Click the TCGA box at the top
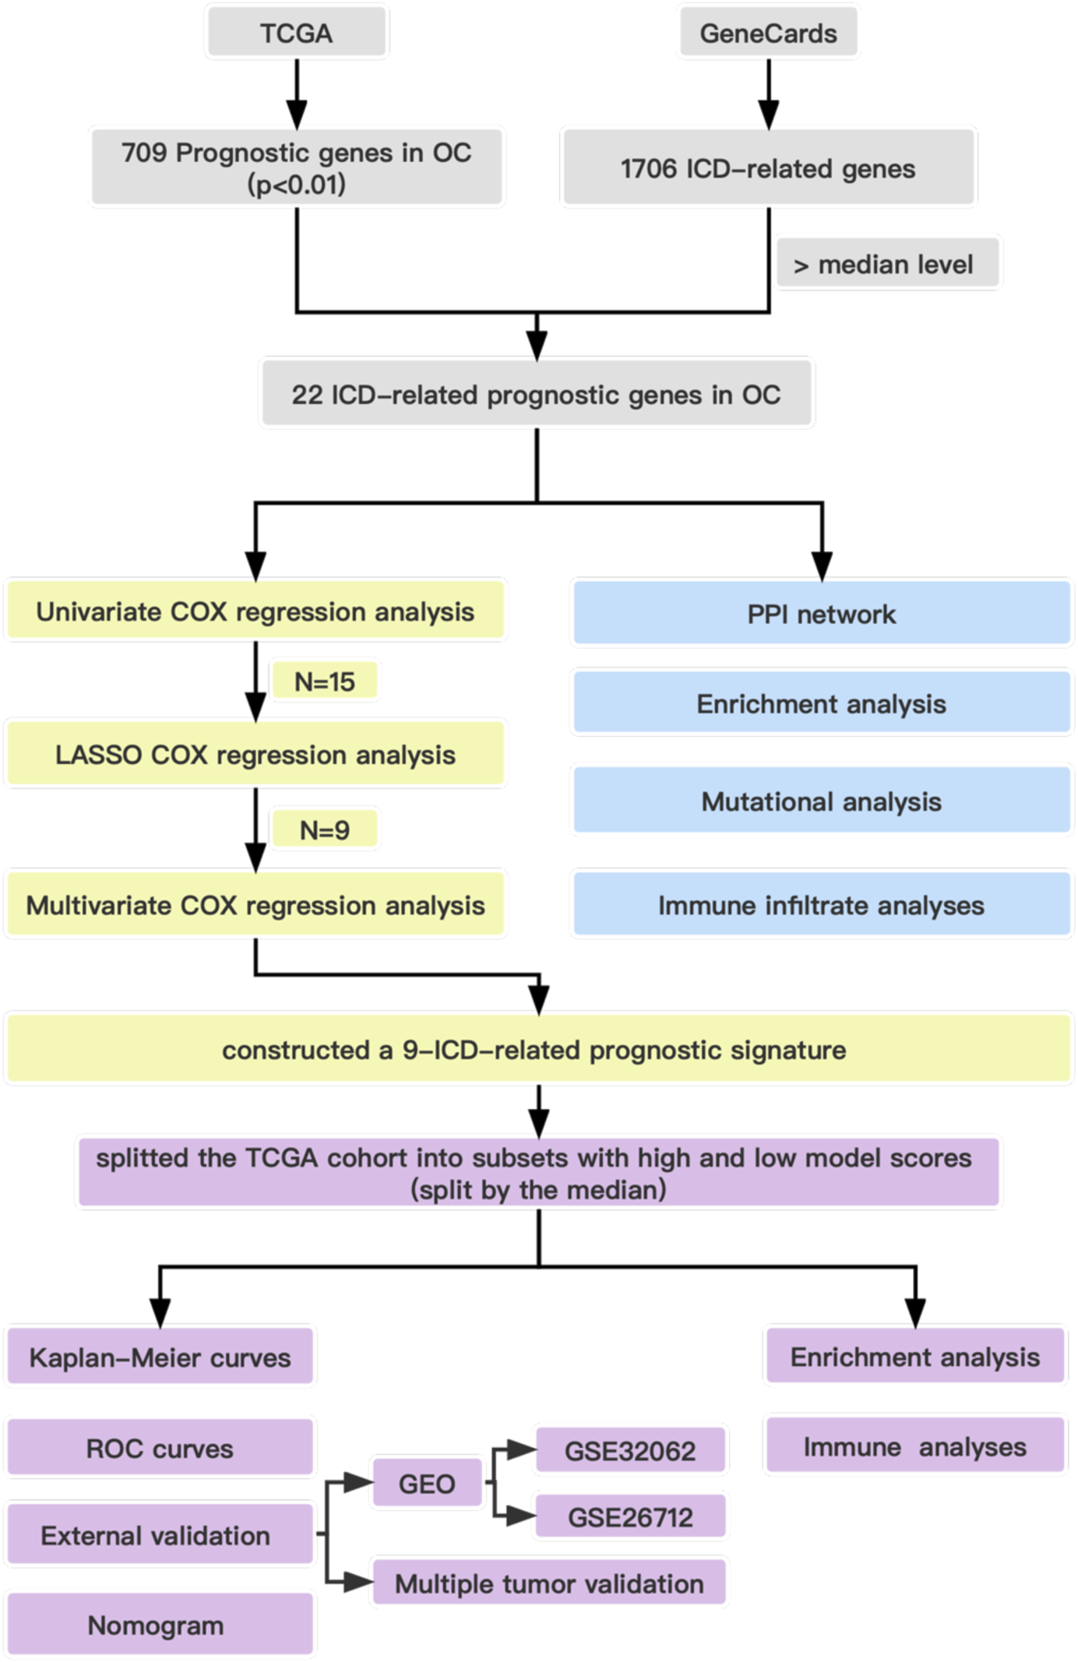tap(296, 33)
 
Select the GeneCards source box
tap(768, 33)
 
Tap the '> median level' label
tap(887, 265)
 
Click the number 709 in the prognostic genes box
tap(144, 153)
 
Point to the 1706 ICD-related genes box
tap(768, 168)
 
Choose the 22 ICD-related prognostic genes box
tap(536, 394)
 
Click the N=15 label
tap(324, 681)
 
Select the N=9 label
tap(324, 829)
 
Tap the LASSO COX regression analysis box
tap(255, 755)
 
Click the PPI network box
tap(821, 614)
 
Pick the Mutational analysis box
tap(821, 801)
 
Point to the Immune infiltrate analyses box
tap(821, 905)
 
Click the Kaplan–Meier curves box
tap(160, 1357)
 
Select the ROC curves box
tap(160, 1448)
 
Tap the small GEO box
tap(427, 1483)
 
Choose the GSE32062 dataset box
tap(630, 1450)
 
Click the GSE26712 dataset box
tap(630, 1516)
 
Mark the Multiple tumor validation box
tap(549, 1583)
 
